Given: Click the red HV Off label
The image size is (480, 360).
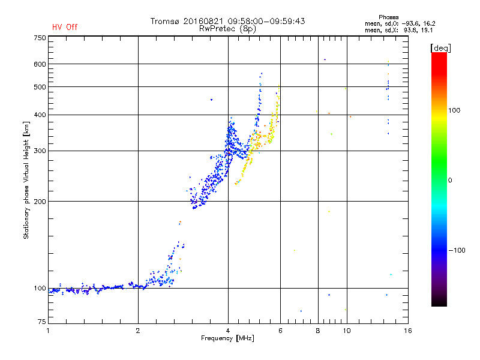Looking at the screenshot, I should point(64,27).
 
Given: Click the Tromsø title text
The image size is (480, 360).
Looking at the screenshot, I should point(227,21).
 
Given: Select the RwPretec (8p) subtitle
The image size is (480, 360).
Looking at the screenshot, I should point(227,28).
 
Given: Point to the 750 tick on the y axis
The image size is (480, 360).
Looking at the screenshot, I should point(39,37).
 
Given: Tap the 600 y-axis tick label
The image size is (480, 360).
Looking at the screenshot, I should point(39,64).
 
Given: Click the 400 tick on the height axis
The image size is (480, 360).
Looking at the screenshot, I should point(39,115).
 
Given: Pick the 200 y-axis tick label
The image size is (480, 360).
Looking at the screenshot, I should point(39,201).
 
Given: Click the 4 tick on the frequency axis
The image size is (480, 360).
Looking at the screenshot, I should point(228,331).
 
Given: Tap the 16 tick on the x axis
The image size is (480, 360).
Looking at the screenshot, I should point(407,331).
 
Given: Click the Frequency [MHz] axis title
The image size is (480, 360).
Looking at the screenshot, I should point(227,338).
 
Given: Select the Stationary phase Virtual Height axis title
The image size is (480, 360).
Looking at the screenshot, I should point(26,180).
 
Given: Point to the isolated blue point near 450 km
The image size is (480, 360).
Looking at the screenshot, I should point(211,100).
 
